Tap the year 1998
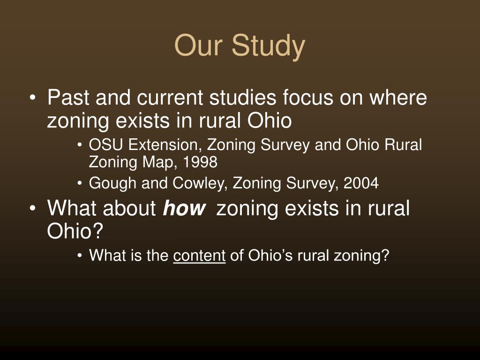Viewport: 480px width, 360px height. [201, 162]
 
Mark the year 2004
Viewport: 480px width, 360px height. [360, 183]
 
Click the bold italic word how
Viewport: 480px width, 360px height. [184, 208]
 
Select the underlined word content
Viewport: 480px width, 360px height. [199, 255]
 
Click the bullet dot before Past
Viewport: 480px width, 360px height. [32, 99]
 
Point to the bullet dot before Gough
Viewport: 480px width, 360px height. [81, 184]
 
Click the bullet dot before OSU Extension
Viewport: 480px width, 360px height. [81, 146]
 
